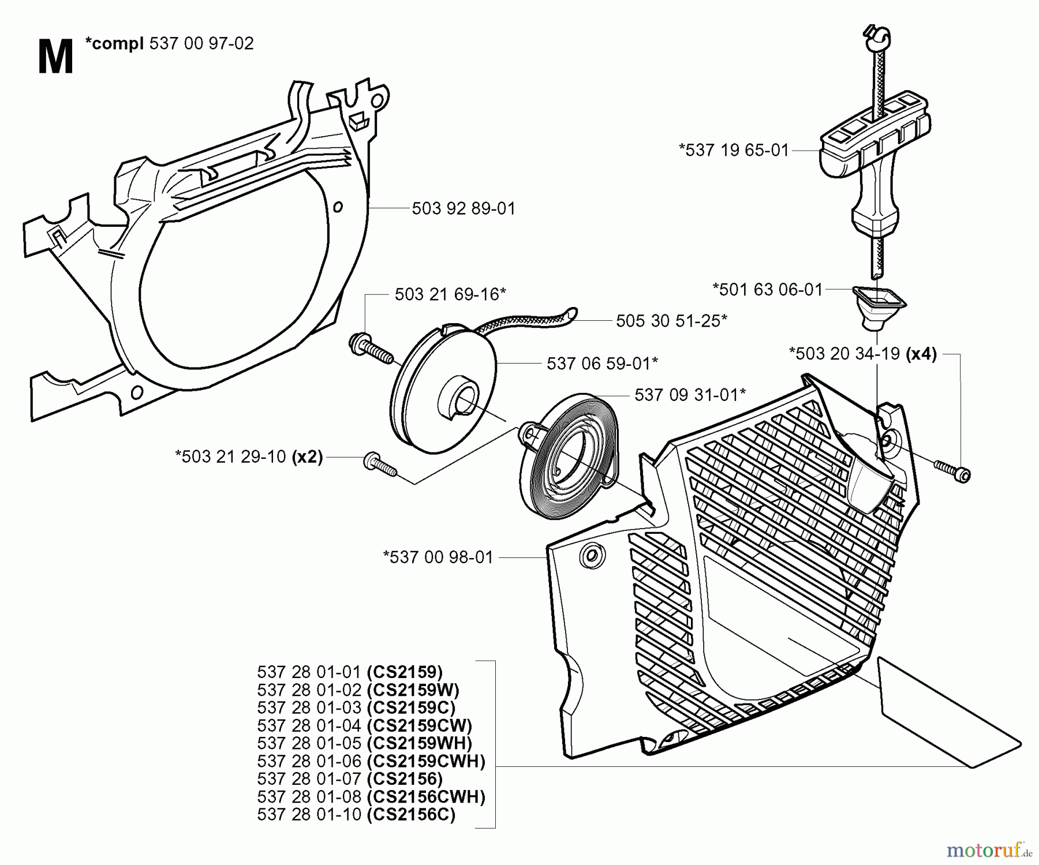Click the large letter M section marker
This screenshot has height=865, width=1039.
[x=55, y=58]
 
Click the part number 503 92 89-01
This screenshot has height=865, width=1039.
[x=463, y=208]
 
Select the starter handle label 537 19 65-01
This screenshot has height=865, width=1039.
[x=734, y=150]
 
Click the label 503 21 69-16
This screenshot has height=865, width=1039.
[x=450, y=294]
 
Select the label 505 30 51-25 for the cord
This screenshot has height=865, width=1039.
[x=671, y=321]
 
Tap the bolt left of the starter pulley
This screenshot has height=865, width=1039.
[x=369, y=348]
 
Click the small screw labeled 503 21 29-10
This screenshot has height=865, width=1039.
[x=380, y=465]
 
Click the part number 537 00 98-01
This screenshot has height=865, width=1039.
[x=438, y=557]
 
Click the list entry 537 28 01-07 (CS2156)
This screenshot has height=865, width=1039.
[x=350, y=778]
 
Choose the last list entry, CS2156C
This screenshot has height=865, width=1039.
[x=356, y=814]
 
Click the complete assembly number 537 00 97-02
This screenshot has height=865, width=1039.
[x=201, y=44]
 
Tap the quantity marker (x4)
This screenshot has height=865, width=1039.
[x=921, y=353]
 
